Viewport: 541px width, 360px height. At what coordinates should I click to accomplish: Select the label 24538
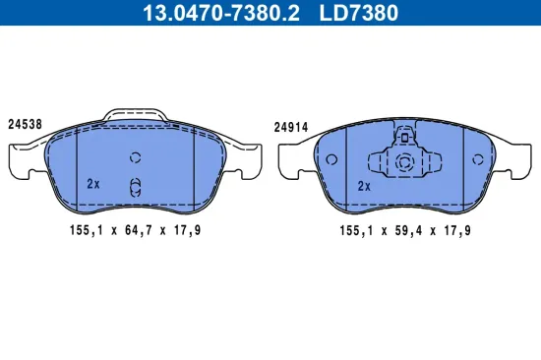click(24, 124)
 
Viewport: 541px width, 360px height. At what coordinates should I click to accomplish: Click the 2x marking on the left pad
click(93, 183)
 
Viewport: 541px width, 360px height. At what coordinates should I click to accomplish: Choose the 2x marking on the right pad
click(364, 185)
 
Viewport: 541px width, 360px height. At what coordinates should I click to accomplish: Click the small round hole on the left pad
click(136, 157)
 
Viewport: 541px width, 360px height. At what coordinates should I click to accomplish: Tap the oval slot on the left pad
click(136, 185)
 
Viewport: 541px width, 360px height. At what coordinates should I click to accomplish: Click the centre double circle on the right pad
click(403, 162)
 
